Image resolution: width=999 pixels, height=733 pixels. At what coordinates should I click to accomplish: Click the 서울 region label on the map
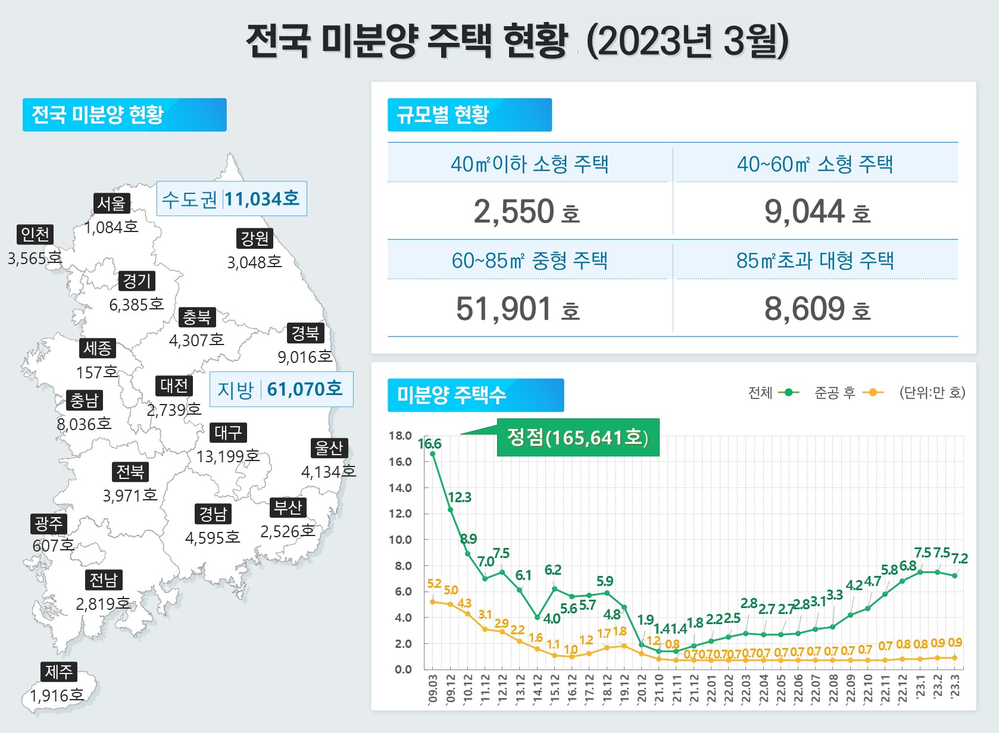coord(111,203)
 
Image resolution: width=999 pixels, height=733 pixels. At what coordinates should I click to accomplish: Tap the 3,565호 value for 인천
coord(35,258)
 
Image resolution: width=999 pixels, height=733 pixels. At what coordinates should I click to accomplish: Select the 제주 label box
coord(58,672)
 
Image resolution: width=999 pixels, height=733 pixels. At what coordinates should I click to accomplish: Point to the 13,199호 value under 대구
coord(228,456)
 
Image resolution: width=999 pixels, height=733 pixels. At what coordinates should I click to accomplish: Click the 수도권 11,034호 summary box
coord(231,199)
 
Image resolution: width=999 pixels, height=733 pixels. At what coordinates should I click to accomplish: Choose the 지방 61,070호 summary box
coord(281,389)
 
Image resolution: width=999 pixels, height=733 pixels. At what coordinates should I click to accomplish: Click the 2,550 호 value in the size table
coord(526,212)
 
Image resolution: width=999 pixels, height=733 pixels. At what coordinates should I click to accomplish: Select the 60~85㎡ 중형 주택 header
coord(529,261)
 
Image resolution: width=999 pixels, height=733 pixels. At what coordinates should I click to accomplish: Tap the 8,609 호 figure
coord(817,309)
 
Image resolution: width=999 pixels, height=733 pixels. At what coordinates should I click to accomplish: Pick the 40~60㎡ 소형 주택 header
coord(814,164)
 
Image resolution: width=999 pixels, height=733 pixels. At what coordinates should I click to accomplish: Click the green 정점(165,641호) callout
coord(577,437)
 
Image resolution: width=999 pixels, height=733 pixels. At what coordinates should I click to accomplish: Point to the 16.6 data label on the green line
coord(429,444)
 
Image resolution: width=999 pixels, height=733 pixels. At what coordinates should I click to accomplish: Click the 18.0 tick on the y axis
coord(400,436)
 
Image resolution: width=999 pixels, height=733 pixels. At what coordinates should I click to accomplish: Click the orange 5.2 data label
coord(434,584)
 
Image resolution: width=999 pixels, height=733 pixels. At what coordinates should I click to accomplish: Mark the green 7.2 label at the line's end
coord(959,559)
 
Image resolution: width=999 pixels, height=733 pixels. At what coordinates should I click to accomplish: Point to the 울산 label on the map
coord(329,448)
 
